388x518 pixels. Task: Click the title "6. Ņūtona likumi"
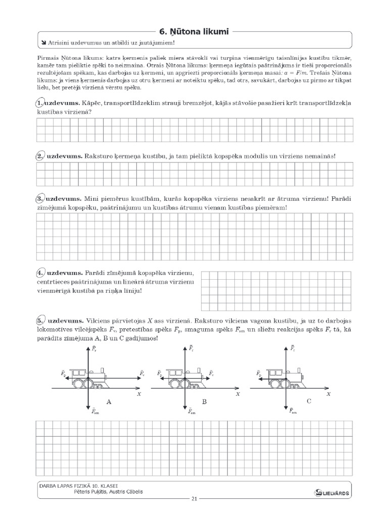[193, 32]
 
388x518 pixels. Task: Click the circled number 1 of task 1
[40, 103]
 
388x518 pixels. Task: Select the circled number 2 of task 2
[40, 156]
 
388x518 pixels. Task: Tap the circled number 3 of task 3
[40, 199]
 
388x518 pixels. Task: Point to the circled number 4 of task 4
[40, 273]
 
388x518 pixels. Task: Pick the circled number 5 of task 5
[40, 321]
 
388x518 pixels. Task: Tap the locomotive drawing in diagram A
[89, 378]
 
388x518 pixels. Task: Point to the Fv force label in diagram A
[142, 373]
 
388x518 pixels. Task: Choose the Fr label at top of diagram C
[293, 348]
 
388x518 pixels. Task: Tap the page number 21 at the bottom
[194, 499]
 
